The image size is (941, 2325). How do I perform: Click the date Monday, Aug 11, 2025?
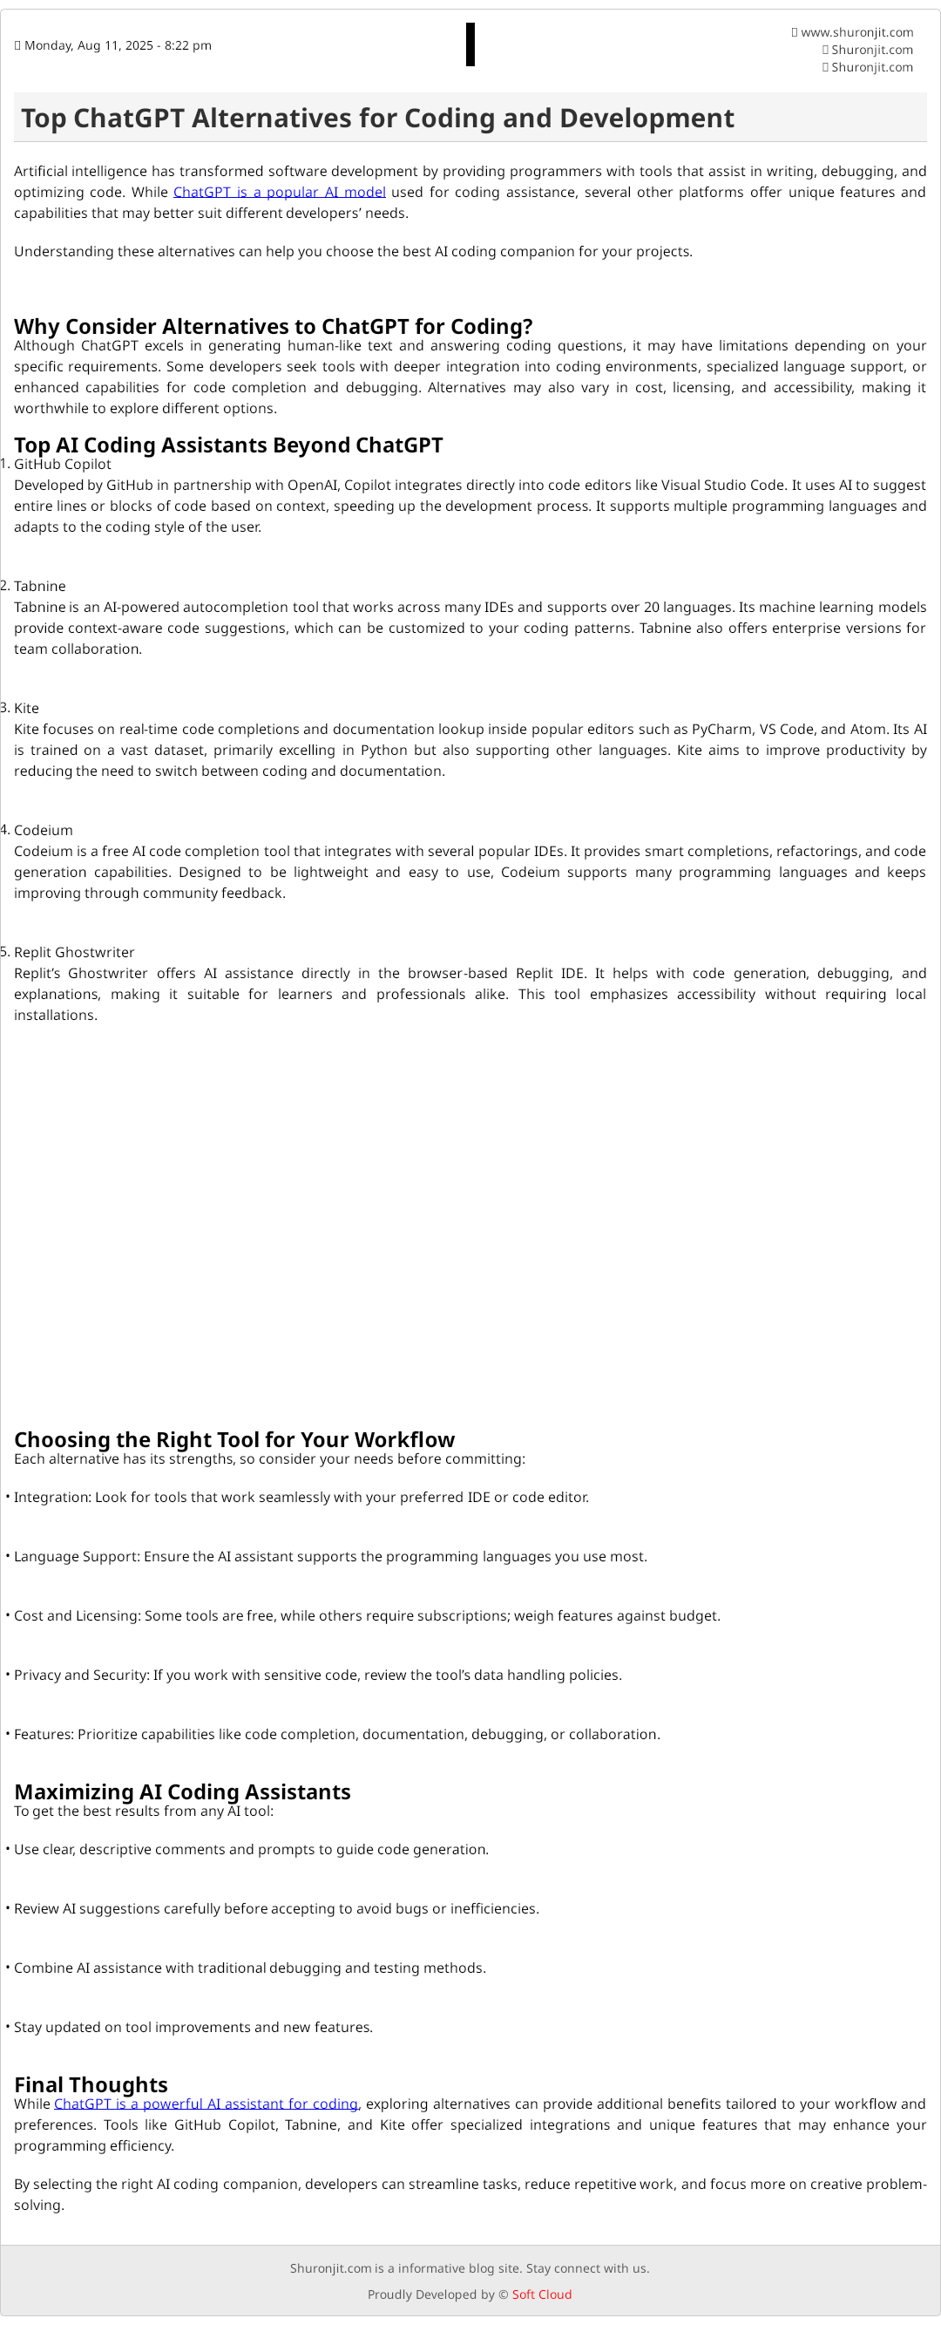pyautogui.click(x=118, y=46)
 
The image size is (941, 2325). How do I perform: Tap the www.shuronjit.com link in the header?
pyautogui.click(x=856, y=32)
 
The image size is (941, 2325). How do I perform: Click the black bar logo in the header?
pyautogui.click(x=470, y=45)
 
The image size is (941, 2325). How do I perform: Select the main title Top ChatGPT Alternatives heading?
pyautogui.click(x=377, y=119)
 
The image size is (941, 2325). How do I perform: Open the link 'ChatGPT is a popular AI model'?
pyautogui.click(x=279, y=193)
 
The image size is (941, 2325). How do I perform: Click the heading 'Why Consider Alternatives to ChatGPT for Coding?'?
pyautogui.click(x=274, y=326)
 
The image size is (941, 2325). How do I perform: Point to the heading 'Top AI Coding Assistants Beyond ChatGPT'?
pyautogui.click(x=228, y=445)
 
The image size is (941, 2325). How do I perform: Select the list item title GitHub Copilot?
pyautogui.click(x=62, y=464)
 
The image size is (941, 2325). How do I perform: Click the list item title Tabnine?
pyautogui.click(x=40, y=586)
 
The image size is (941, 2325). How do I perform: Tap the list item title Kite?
pyautogui.click(x=26, y=708)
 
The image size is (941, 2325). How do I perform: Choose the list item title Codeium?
pyautogui.click(x=44, y=829)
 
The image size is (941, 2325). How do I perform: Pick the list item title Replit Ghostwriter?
pyautogui.click(x=74, y=952)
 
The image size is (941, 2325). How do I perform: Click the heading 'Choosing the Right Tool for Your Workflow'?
pyautogui.click(x=234, y=1438)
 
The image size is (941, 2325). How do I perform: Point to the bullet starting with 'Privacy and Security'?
pyautogui.click(x=317, y=1675)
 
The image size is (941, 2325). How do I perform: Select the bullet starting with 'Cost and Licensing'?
pyautogui.click(x=366, y=1615)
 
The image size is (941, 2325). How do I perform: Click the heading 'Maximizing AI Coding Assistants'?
pyautogui.click(x=182, y=1791)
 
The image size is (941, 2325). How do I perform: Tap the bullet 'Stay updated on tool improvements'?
pyautogui.click(x=193, y=2026)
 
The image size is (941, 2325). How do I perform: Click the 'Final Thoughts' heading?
pyautogui.click(x=91, y=2084)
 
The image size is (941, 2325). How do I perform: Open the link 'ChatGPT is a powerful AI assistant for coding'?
pyautogui.click(x=206, y=2103)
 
